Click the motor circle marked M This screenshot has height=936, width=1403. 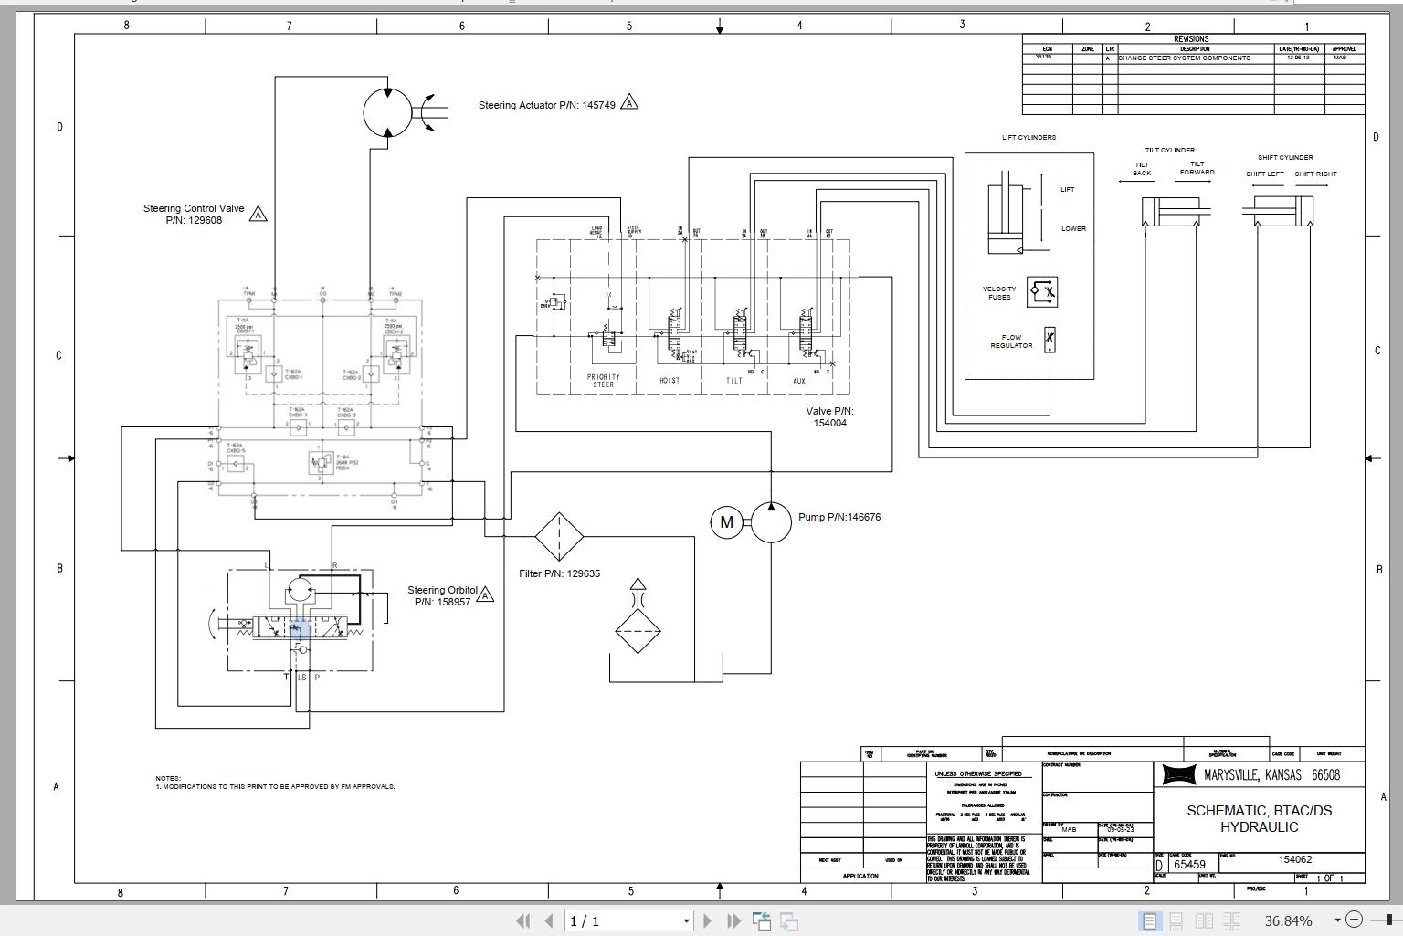[x=726, y=522]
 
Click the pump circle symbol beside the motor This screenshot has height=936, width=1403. [x=771, y=521]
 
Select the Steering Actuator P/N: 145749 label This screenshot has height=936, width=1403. [x=546, y=105]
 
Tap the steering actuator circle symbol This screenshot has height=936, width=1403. [x=387, y=112]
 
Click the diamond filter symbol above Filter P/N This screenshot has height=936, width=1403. [x=558, y=537]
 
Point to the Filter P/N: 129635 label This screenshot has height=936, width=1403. [x=559, y=573]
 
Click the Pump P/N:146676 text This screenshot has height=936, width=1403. [x=839, y=517]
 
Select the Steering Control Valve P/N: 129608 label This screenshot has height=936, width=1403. [x=194, y=214]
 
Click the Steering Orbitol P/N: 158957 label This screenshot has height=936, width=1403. [x=442, y=595]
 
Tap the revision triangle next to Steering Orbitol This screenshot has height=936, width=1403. [x=486, y=595]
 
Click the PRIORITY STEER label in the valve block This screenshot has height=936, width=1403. [x=603, y=381]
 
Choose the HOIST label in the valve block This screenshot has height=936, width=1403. [x=670, y=381]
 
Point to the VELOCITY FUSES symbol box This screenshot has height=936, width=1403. [x=1042, y=291]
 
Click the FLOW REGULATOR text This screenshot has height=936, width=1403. [x=1011, y=342]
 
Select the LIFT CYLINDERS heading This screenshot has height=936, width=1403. [x=1029, y=138]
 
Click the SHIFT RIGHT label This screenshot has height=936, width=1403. [x=1315, y=174]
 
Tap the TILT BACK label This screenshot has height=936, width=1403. [x=1142, y=169]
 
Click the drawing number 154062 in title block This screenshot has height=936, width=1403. [x=1294, y=859]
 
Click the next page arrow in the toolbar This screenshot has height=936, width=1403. [x=708, y=920]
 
